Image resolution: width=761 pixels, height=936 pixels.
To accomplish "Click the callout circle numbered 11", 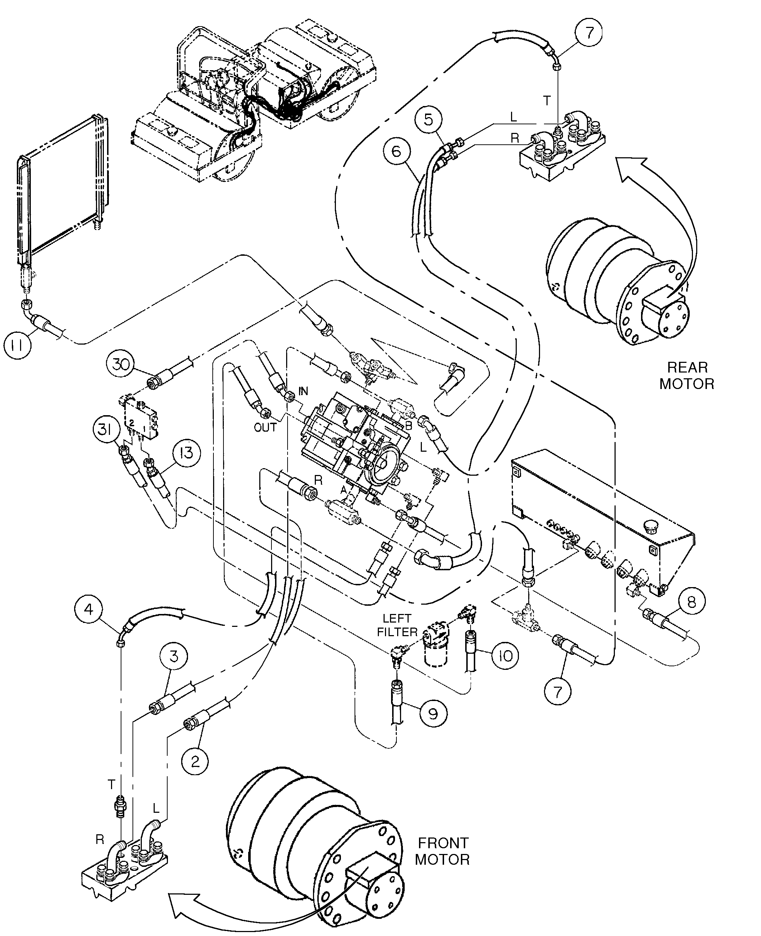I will (18, 345).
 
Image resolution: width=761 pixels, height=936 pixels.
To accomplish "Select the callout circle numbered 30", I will (120, 364).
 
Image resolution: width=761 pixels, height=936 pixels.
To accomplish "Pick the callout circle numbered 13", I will (187, 452).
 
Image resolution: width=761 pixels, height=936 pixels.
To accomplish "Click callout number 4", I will (89, 609).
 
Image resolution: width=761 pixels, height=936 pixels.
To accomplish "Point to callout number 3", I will (174, 656).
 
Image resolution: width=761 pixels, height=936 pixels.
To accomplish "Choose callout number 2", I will (196, 761).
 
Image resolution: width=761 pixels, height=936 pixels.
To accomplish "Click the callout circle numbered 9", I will (433, 714).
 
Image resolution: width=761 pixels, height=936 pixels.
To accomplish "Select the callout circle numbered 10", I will (505, 656).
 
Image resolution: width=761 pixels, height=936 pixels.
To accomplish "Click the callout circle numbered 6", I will (396, 151).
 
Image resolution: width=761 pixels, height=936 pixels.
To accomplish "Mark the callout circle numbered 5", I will (429, 119).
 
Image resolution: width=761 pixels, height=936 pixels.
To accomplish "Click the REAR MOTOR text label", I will (687, 376).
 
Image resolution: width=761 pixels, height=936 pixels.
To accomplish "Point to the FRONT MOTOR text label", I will (442, 851).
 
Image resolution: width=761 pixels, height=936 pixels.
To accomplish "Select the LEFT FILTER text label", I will (397, 625).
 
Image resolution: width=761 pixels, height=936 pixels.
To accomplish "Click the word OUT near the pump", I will (265, 427).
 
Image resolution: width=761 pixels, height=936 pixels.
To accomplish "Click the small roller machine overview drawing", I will (254, 101).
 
